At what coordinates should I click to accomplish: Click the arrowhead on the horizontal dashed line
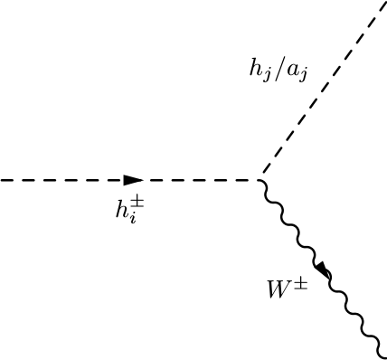[133, 180]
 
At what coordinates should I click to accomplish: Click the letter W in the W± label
[276, 291]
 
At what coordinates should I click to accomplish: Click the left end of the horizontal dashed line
[2, 180]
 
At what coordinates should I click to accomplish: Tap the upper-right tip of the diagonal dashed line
[385, 2]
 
